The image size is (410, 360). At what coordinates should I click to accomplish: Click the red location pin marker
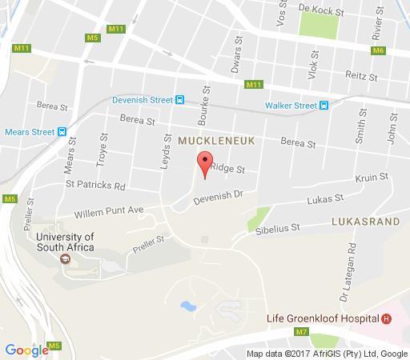click(204, 162)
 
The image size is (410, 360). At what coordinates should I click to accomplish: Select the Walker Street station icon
click(324, 106)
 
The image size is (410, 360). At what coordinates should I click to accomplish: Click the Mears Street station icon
click(62, 132)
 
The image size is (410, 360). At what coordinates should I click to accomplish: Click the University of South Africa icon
click(65, 258)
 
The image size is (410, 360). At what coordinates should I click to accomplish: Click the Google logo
click(26, 350)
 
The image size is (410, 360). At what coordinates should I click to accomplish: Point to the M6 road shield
click(378, 50)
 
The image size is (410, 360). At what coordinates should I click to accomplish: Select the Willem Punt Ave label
click(107, 212)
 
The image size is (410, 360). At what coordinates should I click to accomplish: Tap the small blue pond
click(188, 306)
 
